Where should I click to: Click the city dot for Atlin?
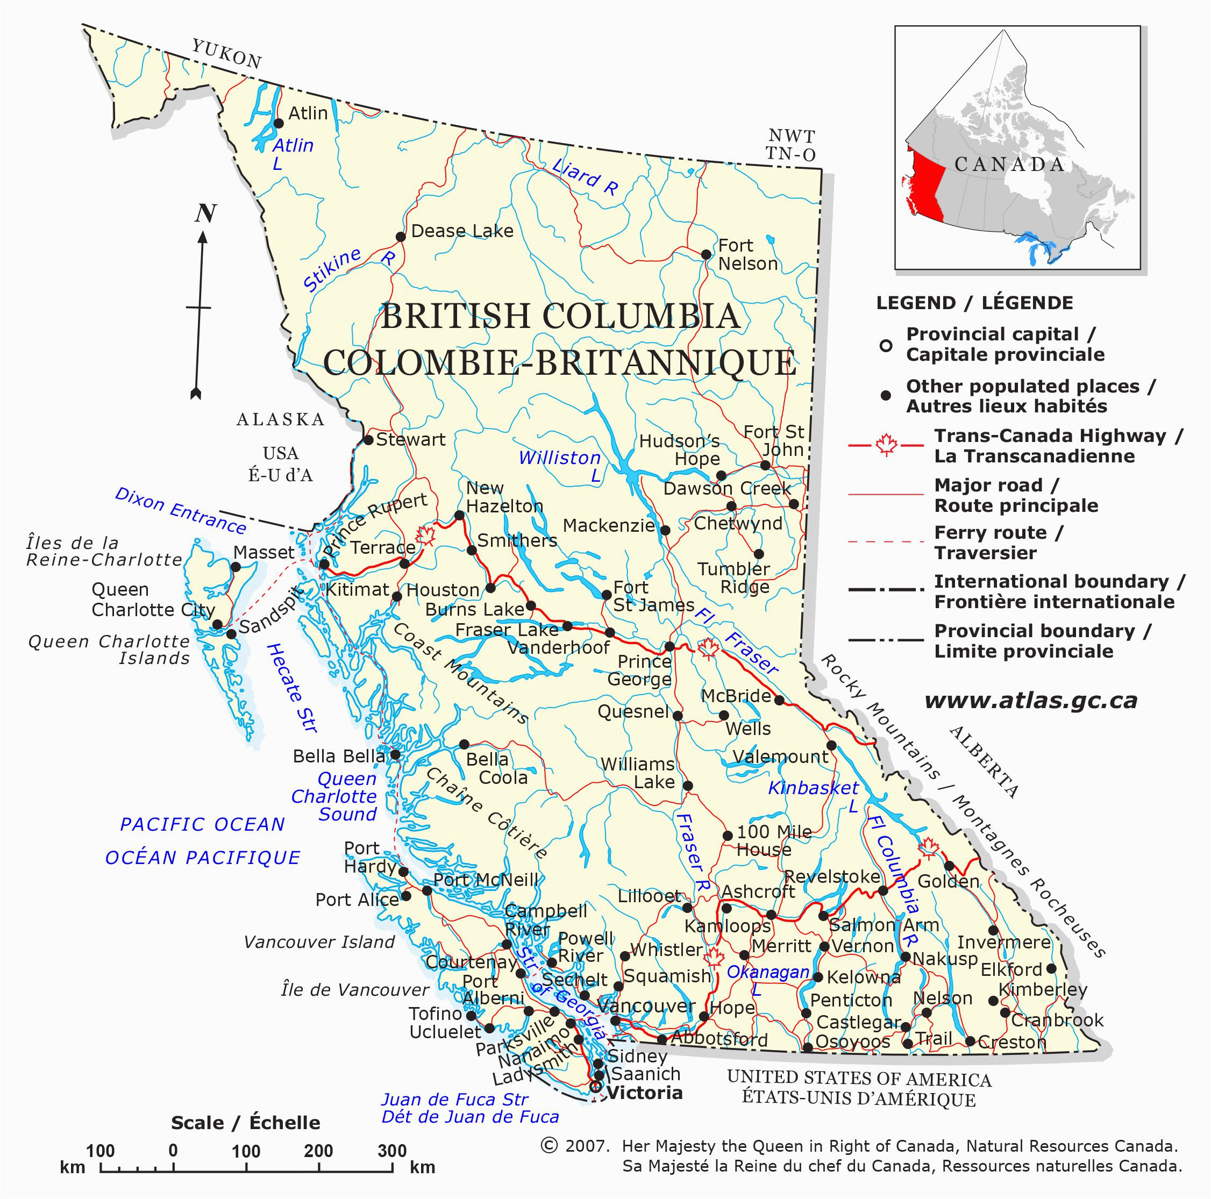tap(279, 123)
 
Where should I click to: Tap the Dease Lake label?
tap(462, 231)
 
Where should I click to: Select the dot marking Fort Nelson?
tap(706, 254)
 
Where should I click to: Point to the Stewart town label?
tap(410, 439)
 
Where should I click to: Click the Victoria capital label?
tap(645, 1093)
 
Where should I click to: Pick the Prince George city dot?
tap(669, 646)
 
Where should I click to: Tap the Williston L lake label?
tap(560, 466)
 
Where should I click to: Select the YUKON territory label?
tap(226, 53)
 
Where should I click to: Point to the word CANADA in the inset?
tap(1010, 165)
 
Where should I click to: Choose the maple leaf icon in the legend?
tap(886, 446)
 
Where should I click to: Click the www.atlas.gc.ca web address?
tap(1030, 700)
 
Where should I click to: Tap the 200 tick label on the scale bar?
tap(318, 1151)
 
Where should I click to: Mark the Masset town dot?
tap(236, 567)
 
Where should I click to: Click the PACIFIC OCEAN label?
tap(202, 824)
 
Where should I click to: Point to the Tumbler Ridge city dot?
tap(758, 553)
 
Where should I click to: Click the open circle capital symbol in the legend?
tap(885, 345)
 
